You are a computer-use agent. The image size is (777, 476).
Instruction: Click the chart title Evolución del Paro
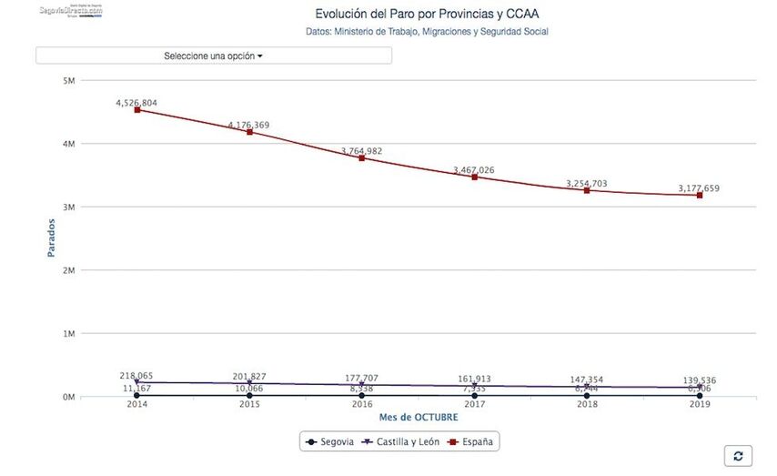(427, 14)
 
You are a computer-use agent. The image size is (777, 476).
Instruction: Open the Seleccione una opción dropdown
(214, 56)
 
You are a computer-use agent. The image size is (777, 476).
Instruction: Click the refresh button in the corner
(738, 456)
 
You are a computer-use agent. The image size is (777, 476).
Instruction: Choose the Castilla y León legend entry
(401, 441)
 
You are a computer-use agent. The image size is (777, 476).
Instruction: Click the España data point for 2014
(136, 109)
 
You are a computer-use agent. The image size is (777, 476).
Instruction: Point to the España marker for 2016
(361, 157)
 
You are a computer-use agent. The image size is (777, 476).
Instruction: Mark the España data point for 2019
(699, 195)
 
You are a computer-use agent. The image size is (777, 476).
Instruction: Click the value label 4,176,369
(248, 125)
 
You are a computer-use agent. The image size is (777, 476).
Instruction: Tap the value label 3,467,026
(473, 169)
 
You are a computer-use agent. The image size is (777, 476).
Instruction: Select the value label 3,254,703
(586, 183)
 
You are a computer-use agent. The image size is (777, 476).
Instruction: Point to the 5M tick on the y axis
(68, 81)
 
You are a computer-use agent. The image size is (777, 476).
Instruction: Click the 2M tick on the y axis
(68, 270)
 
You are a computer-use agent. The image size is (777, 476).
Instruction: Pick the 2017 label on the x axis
(474, 405)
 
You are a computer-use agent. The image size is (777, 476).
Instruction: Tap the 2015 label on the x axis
(248, 405)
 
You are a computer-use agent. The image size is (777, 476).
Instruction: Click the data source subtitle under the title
(427, 32)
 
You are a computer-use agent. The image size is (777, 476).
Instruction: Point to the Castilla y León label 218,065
(136, 375)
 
